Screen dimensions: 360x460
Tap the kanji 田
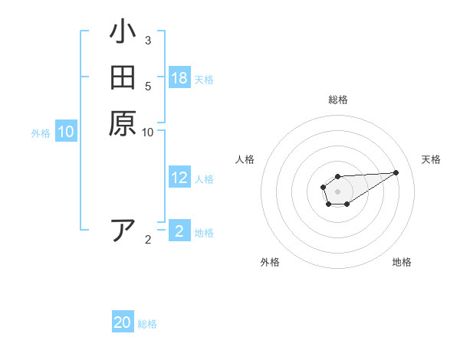(x=123, y=78)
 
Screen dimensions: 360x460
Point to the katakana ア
(x=123, y=230)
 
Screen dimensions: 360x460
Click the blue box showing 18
(x=179, y=78)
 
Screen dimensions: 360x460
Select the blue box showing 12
(x=179, y=178)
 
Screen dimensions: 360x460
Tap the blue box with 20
(x=123, y=322)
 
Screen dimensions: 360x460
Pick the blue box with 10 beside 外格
(x=66, y=132)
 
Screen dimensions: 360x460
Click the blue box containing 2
(x=179, y=231)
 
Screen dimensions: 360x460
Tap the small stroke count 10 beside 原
(x=148, y=132)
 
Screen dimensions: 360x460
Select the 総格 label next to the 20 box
(x=147, y=324)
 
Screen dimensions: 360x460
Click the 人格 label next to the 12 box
(x=204, y=179)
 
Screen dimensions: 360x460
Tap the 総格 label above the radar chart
(x=337, y=100)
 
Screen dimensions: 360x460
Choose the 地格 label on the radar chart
(x=402, y=262)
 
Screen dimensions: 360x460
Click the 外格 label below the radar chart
(x=270, y=262)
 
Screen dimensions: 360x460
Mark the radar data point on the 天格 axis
(x=396, y=172)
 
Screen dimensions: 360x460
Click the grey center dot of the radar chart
(x=337, y=191)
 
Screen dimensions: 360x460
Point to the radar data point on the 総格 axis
(x=337, y=176)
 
